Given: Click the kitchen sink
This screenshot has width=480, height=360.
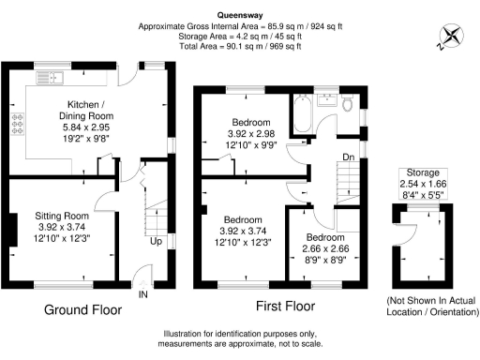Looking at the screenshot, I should click(x=49, y=76).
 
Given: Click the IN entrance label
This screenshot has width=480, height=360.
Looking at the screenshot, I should click(x=143, y=294).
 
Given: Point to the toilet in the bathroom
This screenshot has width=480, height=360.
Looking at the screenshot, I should click(x=347, y=103).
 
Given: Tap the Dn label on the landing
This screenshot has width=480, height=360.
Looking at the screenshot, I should click(x=348, y=156).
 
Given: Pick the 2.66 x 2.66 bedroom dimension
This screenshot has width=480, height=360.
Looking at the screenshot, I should click(x=322, y=248).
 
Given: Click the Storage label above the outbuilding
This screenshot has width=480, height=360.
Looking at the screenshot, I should click(x=423, y=172).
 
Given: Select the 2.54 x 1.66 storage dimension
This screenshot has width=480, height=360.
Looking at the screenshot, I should click(x=423, y=185).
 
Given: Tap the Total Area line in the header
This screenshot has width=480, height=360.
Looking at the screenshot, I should click(x=241, y=46).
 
